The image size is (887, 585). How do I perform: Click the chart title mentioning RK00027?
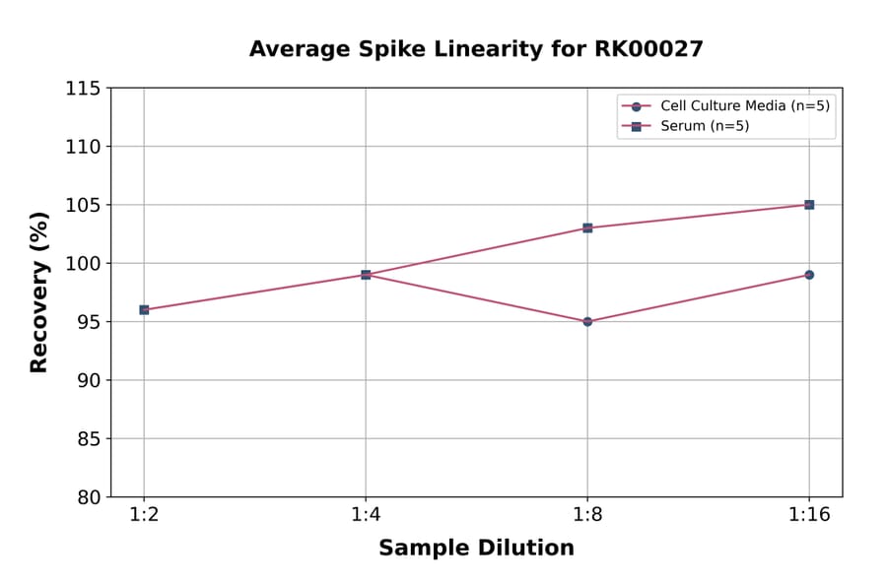[x=476, y=49]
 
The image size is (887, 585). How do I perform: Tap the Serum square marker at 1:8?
[x=587, y=227]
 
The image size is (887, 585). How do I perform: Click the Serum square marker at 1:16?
[x=809, y=205]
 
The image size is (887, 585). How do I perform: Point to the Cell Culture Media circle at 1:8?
[x=587, y=321]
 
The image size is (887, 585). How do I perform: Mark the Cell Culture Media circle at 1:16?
[x=809, y=275]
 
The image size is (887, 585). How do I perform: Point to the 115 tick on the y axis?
[x=83, y=89]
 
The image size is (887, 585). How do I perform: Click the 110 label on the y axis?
[x=83, y=147]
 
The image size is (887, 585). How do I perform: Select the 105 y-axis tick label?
[x=83, y=205]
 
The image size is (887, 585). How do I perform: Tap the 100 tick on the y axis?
[x=83, y=264]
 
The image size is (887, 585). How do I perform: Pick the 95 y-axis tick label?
[x=89, y=322]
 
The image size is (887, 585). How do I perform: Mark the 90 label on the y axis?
[x=89, y=380]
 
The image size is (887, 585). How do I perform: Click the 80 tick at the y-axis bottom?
[x=89, y=497]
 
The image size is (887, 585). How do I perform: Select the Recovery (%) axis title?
[x=39, y=292]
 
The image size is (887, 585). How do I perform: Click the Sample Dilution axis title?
[x=476, y=549]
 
